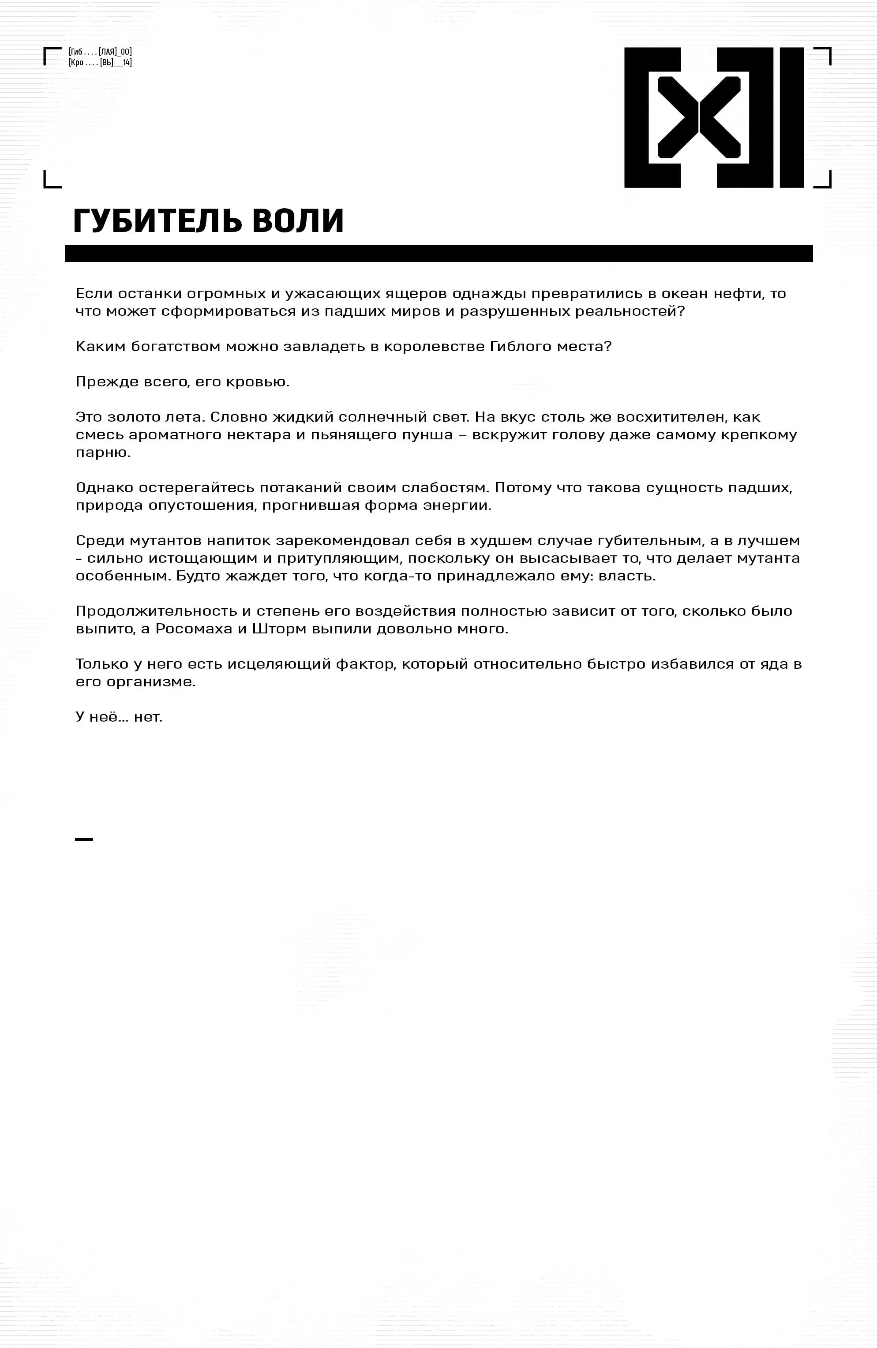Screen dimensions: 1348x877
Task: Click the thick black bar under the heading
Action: tap(438, 254)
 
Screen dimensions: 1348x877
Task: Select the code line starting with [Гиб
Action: tap(100, 52)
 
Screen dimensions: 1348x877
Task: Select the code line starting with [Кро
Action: tap(100, 62)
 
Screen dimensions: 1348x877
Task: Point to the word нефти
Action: tap(739, 293)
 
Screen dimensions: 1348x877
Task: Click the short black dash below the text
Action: tap(84, 839)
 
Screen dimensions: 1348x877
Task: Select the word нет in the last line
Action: tap(147, 717)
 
